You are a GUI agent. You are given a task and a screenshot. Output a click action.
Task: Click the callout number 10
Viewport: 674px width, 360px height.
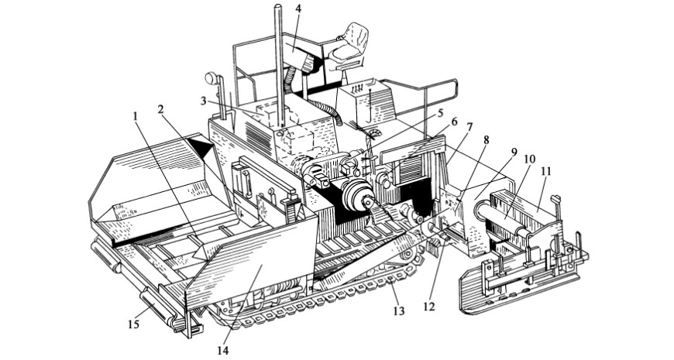tap(529, 159)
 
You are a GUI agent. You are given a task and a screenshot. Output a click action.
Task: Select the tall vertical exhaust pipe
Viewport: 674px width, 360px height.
tap(277, 62)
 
